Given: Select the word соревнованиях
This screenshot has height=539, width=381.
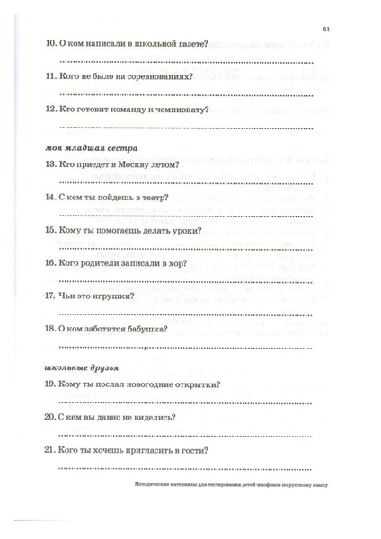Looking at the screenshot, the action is pyautogui.click(x=162, y=77).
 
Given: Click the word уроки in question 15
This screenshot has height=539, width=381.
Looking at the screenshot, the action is pyautogui.click(x=183, y=230).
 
